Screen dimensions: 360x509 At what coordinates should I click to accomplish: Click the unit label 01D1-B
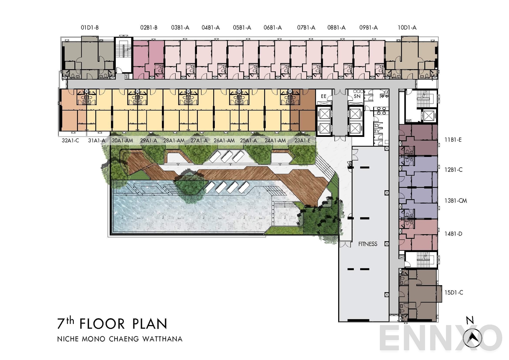tap(89, 28)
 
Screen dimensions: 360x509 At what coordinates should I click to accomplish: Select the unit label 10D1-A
tap(407, 28)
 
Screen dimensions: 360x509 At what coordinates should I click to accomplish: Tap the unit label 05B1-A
tap(242, 28)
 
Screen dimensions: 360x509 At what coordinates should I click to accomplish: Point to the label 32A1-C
tap(70, 140)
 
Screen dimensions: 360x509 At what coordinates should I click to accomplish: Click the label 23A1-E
tap(302, 140)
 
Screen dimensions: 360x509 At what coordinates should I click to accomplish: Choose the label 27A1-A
tap(199, 140)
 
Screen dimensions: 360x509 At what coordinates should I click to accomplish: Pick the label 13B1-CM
tap(456, 201)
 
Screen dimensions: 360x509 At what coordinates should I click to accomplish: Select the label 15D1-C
tap(454, 292)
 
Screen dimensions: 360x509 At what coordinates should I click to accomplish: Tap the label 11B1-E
tap(453, 139)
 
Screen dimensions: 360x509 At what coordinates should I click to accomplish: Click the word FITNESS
tap(368, 244)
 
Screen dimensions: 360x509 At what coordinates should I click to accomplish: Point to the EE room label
tap(324, 96)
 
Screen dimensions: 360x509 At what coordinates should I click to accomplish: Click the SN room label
tap(357, 96)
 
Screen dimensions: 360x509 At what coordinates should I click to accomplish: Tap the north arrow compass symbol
tap(472, 338)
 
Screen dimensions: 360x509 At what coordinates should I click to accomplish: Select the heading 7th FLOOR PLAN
tap(112, 324)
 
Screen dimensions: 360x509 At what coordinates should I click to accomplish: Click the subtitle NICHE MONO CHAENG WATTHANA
tap(120, 339)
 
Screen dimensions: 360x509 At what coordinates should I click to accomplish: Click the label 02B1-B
tap(149, 28)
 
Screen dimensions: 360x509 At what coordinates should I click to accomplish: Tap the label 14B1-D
tap(453, 234)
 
